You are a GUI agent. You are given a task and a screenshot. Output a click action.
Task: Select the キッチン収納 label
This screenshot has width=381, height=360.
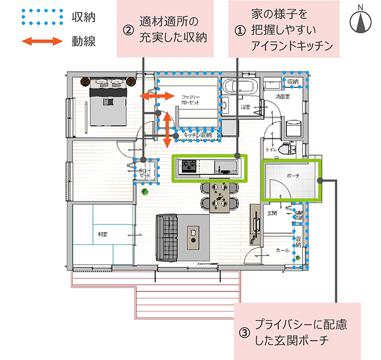[197, 135]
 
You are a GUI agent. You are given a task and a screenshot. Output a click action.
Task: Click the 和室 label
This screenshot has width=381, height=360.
[103, 234]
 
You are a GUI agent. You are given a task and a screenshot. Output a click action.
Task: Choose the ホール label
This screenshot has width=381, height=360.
[283, 249]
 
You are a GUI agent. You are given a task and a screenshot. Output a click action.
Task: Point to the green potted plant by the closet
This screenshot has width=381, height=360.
[145, 191]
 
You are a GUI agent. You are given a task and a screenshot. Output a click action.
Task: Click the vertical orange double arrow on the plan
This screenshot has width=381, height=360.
[168, 129]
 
